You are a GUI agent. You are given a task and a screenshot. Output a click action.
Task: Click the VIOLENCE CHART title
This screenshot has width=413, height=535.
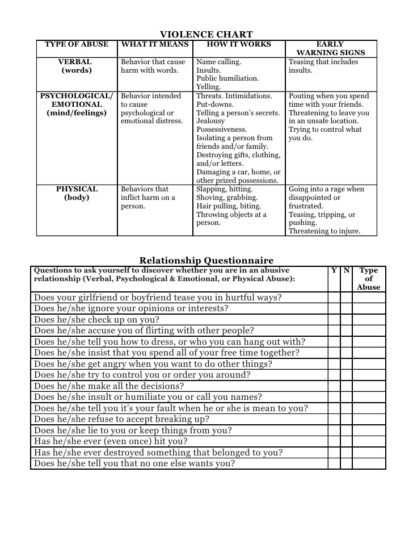[206, 35]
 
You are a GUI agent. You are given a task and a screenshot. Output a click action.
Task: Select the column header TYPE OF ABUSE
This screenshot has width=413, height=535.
[77, 44]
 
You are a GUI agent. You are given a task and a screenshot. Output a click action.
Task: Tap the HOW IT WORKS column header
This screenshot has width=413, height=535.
[239, 44]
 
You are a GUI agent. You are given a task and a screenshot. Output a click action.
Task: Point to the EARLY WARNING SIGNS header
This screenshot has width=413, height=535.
[331, 48]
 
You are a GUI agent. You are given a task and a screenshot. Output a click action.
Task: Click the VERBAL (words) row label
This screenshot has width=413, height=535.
[77, 66]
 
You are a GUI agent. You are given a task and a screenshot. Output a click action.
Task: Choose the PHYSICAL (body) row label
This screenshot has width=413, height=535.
[77, 193]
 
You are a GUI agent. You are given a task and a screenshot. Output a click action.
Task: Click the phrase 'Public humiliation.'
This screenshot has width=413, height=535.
[227, 78]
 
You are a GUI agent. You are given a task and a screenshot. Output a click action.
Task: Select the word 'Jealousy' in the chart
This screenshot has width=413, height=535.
[210, 121]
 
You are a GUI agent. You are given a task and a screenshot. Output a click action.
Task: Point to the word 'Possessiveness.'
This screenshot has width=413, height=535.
[221, 129]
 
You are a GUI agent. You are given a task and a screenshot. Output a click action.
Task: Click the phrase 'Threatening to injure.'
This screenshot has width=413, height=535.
[324, 231]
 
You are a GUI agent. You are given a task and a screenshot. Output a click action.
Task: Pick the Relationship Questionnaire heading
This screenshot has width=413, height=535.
[206, 261]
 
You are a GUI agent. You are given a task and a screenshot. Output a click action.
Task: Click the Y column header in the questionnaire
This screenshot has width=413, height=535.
[334, 271]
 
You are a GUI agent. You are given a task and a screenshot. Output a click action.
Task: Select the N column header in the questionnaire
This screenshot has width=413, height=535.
[346, 271]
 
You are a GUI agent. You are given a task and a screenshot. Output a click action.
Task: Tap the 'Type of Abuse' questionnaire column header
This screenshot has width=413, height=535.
[369, 279]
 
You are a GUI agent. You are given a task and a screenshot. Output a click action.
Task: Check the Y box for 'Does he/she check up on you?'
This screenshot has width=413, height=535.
[334, 320]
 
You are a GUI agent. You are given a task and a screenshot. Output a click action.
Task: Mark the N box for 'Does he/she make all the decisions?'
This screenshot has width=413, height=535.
[346, 386]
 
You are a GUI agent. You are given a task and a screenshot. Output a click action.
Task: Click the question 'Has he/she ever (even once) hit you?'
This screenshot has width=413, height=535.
[111, 441]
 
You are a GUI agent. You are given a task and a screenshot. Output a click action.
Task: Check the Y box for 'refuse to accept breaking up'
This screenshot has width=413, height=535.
[334, 419]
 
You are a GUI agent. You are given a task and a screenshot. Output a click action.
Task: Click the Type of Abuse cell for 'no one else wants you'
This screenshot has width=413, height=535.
[369, 463]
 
